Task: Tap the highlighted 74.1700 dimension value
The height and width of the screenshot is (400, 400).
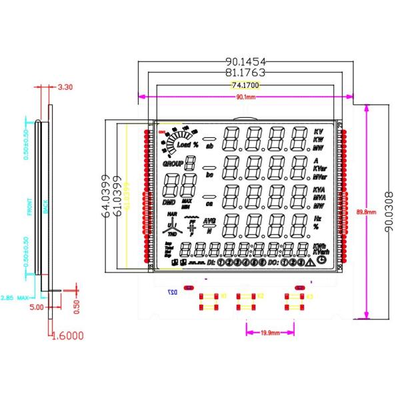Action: (x=245, y=85)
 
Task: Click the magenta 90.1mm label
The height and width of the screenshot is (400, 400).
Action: (x=246, y=97)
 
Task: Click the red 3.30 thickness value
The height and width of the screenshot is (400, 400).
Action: (x=66, y=87)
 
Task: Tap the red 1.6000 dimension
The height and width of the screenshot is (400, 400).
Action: (x=67, y=336)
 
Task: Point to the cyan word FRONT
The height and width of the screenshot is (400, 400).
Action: (x=29, y=208)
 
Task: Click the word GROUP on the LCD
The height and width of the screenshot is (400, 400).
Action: (x=173, y=162)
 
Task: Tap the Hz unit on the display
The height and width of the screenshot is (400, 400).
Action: (x=317, y=219)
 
